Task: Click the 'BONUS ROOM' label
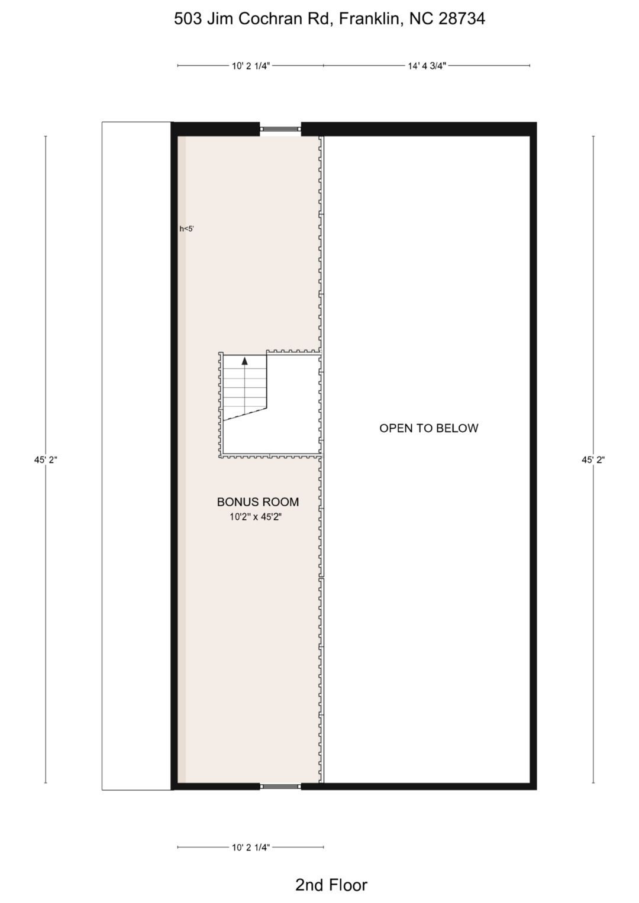click(x=258, y=502)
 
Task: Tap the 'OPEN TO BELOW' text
click(x=429, y=428)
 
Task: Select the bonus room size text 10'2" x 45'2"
click(x=256, y=517)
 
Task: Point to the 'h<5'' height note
click(x=187, y=229)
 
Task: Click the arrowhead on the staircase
click(x=244, y=361)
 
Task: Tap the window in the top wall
click(x=280, y=129)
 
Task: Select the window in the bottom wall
click(x=280, y=787)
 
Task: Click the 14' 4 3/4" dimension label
click(x=427, y=66)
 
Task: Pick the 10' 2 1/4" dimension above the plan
click(x=250, y=66)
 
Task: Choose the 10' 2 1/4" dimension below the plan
click(x=250, y=847)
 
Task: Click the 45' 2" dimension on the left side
click(x=46, y=459)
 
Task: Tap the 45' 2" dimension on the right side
click(x=593, y=459)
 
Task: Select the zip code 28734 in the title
click(x=462, y=19)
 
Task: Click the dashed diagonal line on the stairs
click(x=246, y=415)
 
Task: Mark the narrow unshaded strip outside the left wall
click(x=136, y=456)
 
